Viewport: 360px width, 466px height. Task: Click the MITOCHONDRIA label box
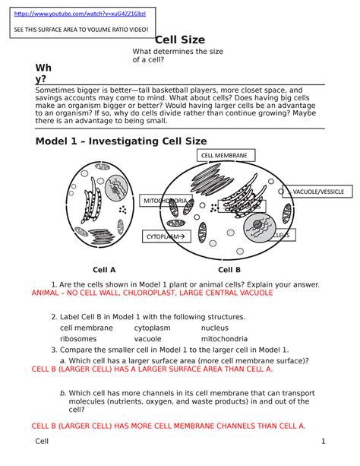pyautogui.click(x=164, y=201)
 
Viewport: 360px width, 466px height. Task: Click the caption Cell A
pyautogui.click(x=104, y=269)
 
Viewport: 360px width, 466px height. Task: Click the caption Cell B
pyautogui.click(x=229, y=269)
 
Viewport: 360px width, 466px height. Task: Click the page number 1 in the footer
pyautogui.click(x=323, y=442)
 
